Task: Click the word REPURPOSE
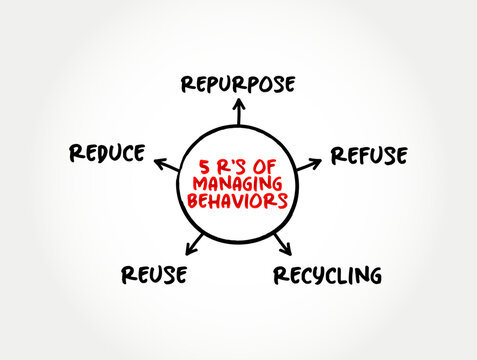[x=238, y=84]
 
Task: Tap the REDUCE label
[x=107, y=153]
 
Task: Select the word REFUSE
[x=369, y=155]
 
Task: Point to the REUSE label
[x=154, y=275]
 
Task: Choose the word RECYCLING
[x=328, y=276]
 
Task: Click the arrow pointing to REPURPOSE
[x=239, y=111]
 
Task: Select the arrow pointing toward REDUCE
[x=167, y=165]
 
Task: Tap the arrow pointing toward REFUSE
[x=309, y=164]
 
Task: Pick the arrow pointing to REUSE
[x=194, y=244]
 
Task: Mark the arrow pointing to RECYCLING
[x=283, y=244]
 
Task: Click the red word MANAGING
[x=238, y=184]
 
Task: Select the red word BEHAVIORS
[x=237, y=201]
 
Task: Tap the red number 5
[x=204, y=167]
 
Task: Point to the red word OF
[x=264, y=167]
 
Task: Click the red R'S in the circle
[x=232, y=167]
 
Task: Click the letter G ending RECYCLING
[x=375, y=276]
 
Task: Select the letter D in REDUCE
[x=100, y=154]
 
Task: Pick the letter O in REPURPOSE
[x=264, y=84]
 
